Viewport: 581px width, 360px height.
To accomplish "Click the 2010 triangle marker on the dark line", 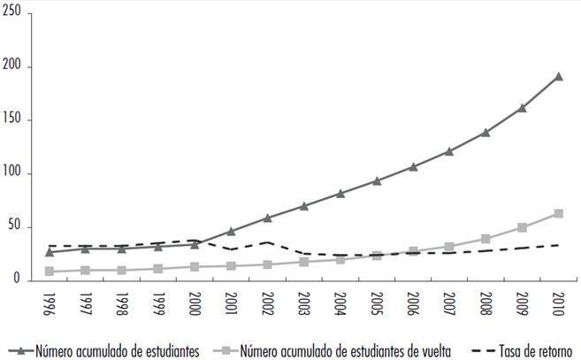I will (558, 76).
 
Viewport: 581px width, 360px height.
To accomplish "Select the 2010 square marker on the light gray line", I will (558, 213).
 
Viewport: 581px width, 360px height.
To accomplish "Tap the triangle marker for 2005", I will (377, 180).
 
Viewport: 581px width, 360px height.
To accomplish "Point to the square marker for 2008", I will (485, 239).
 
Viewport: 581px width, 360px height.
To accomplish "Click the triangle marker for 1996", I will (50, 252).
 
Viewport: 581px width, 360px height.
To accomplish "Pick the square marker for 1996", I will (50, 272).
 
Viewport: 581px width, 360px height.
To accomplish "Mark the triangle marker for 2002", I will (268, 218).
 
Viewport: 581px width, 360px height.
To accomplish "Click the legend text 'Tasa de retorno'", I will (538, 349).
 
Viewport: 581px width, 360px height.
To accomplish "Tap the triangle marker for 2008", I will (485, 133).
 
